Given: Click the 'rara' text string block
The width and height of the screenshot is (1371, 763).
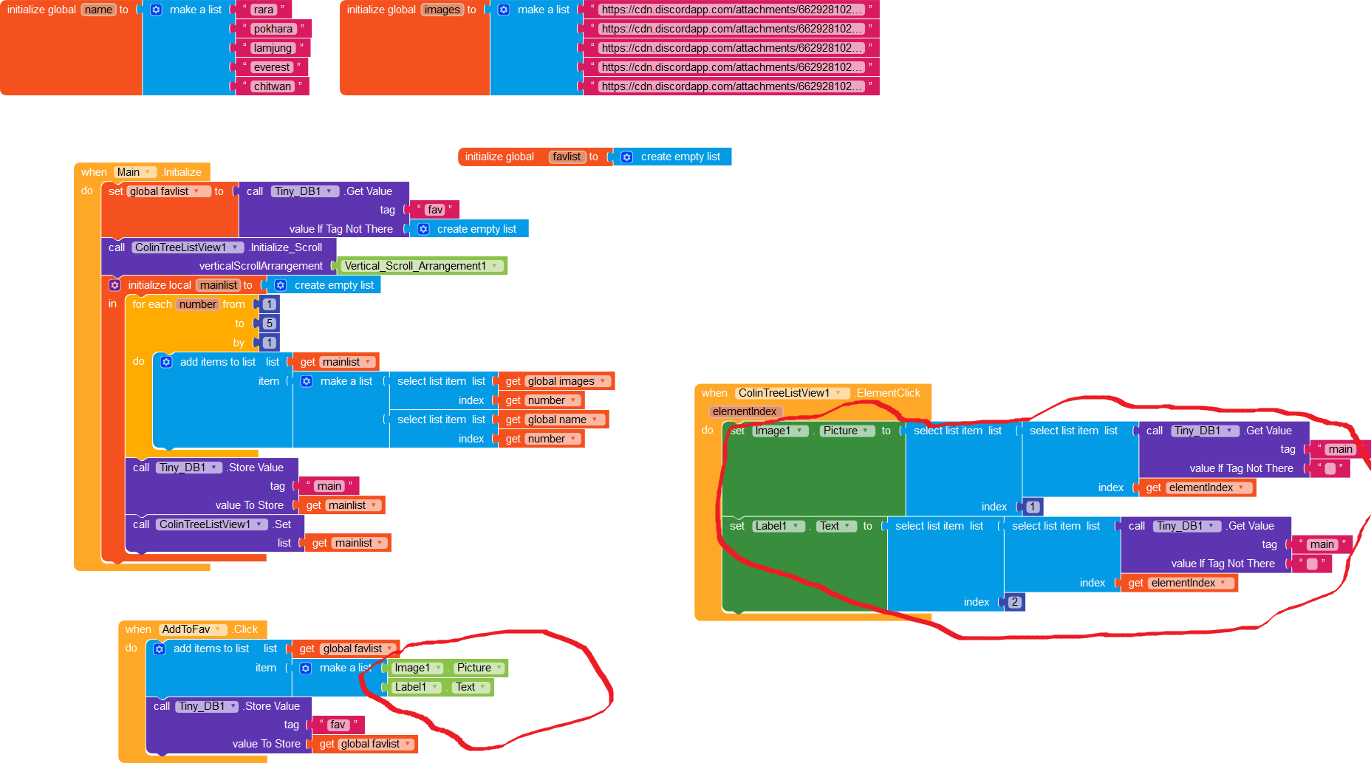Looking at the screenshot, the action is (x=263, y=10).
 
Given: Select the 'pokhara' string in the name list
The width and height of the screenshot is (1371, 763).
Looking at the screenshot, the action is (x=273, y=29).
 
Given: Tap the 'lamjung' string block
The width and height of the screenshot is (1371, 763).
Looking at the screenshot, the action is (x=273, y=48).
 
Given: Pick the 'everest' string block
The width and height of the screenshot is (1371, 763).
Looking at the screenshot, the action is (x=272, y=67).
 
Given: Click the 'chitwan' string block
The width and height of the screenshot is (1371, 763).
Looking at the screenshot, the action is (x=272, y=86).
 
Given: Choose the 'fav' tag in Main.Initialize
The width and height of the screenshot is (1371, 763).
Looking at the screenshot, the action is (x=435, y=210).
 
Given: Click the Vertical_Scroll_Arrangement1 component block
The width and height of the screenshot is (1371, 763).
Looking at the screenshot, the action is (x=422, y=266).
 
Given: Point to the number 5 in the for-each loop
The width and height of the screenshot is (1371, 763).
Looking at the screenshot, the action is (x=270, y=324).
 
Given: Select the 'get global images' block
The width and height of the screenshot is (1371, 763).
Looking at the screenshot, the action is (x=557, y=381).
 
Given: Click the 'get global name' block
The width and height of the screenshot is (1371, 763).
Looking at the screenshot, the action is (x=554, y=420).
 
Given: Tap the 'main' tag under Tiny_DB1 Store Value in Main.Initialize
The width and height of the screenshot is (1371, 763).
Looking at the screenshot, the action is (x=329, y=486).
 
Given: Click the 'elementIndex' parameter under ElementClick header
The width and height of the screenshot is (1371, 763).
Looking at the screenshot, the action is (x=745, y=411).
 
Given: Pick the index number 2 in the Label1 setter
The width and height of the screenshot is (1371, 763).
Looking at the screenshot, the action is (x=1014, y=602).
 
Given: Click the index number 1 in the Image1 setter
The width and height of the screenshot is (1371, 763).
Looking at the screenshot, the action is (x=1033, y=507).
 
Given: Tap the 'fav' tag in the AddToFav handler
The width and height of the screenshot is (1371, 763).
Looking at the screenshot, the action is (x=338, y=725).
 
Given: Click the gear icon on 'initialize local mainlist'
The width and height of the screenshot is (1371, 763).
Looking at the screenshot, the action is (x=114, y=285).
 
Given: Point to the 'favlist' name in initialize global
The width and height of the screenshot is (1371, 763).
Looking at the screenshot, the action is (x=567, y=157).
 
